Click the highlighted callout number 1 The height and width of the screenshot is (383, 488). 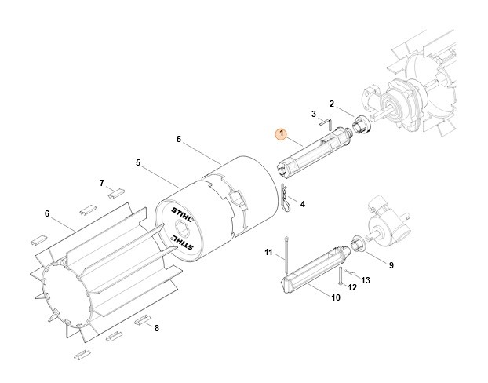click(280, 133)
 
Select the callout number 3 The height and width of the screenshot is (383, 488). click(313, 114)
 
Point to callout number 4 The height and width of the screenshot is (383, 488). click(302, 204)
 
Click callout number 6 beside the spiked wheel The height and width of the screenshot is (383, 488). click(46, 213)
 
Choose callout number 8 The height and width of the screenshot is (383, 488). click(157, 327)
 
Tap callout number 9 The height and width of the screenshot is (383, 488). click(391, 265)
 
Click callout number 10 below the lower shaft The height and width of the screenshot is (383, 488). click(336, 298)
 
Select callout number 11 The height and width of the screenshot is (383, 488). click(268, 253)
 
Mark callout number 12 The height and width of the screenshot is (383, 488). click(352, 287)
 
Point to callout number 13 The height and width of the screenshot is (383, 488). click(365, 280)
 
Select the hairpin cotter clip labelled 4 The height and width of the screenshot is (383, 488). click(287, 199)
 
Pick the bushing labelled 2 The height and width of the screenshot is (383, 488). click(362, 124)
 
